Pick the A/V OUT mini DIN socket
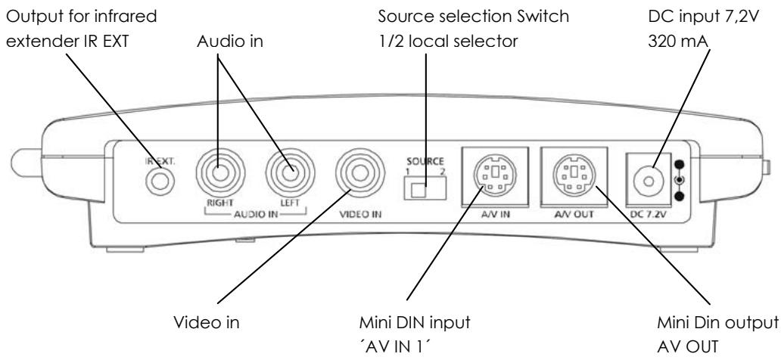pos(575,178)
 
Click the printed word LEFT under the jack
pos(288,203)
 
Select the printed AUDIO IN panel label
pos(252,214)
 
